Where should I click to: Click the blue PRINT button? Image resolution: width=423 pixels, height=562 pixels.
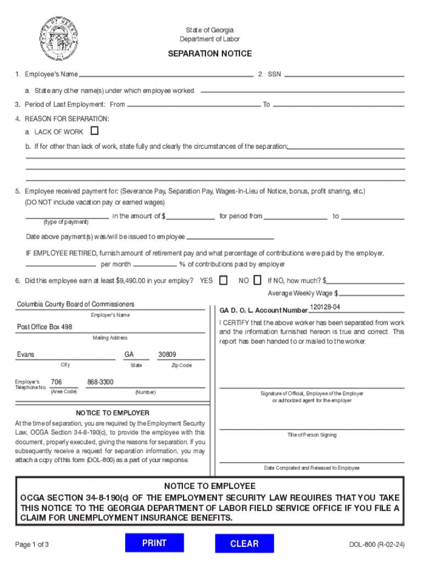click(154, 543)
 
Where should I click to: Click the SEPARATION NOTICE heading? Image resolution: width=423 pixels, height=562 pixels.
click(210, 54)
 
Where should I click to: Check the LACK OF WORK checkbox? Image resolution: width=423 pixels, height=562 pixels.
click(94, 131)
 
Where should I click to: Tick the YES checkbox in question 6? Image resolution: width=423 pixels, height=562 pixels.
click(223, 280)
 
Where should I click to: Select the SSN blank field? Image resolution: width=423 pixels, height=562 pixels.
click(344, 75)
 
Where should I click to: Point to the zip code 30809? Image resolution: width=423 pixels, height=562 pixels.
click(167, 355)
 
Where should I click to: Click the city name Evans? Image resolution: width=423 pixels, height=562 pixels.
click(25, 355)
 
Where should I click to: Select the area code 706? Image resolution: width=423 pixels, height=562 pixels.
click(56, 382)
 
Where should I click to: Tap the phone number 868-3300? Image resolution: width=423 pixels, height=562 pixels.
click(100, 382)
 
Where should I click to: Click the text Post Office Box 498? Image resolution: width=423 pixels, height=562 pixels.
click(44, 327)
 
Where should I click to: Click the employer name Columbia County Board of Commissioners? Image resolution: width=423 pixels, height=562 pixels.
click(75, 305)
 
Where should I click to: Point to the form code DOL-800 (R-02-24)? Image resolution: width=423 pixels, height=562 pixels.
click(377, 545)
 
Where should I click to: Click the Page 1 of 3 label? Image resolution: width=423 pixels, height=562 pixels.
click(32, 545)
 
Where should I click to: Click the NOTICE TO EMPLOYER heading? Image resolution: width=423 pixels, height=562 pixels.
click(112, 413)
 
